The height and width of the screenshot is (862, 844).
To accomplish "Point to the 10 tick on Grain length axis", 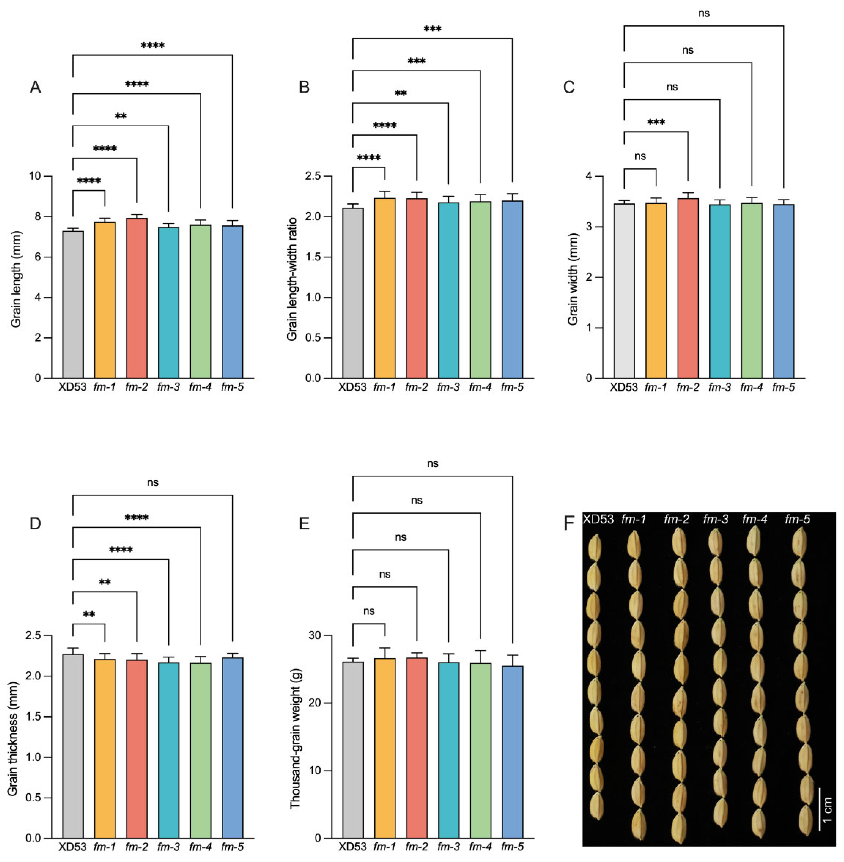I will (x=44, y=176).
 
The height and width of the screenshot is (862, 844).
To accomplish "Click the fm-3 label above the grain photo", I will (x=715, y=519).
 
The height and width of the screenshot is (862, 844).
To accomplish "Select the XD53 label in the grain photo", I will (x=598, y=519).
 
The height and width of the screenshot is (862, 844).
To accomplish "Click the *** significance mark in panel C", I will (x=656, y=122).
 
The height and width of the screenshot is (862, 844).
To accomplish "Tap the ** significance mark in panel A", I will (x=120, y=116).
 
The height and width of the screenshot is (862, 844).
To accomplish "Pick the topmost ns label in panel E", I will (x=433, y=464).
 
